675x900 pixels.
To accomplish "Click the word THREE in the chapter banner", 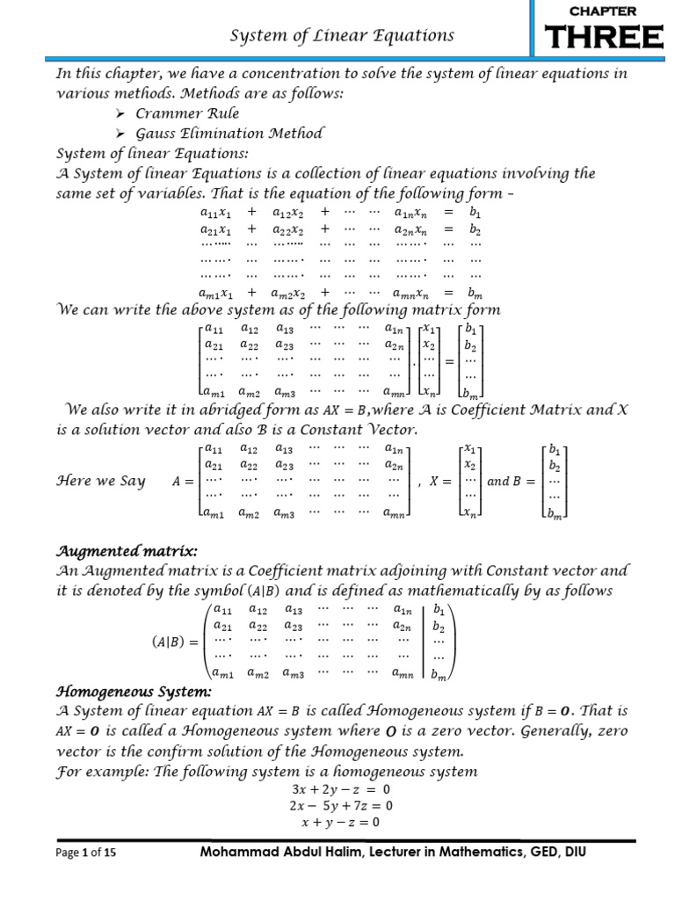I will [604, 39].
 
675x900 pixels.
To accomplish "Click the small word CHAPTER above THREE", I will [604, 11].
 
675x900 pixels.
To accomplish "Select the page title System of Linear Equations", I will [342, 36].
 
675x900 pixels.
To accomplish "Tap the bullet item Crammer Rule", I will [187, 113].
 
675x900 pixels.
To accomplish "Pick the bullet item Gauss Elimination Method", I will [229, 133].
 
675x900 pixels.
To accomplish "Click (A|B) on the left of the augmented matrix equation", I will [166, 641].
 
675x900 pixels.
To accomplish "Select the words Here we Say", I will [100, 481].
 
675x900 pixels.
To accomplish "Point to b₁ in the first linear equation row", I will [475, 213].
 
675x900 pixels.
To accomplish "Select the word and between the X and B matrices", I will [498, 481].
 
